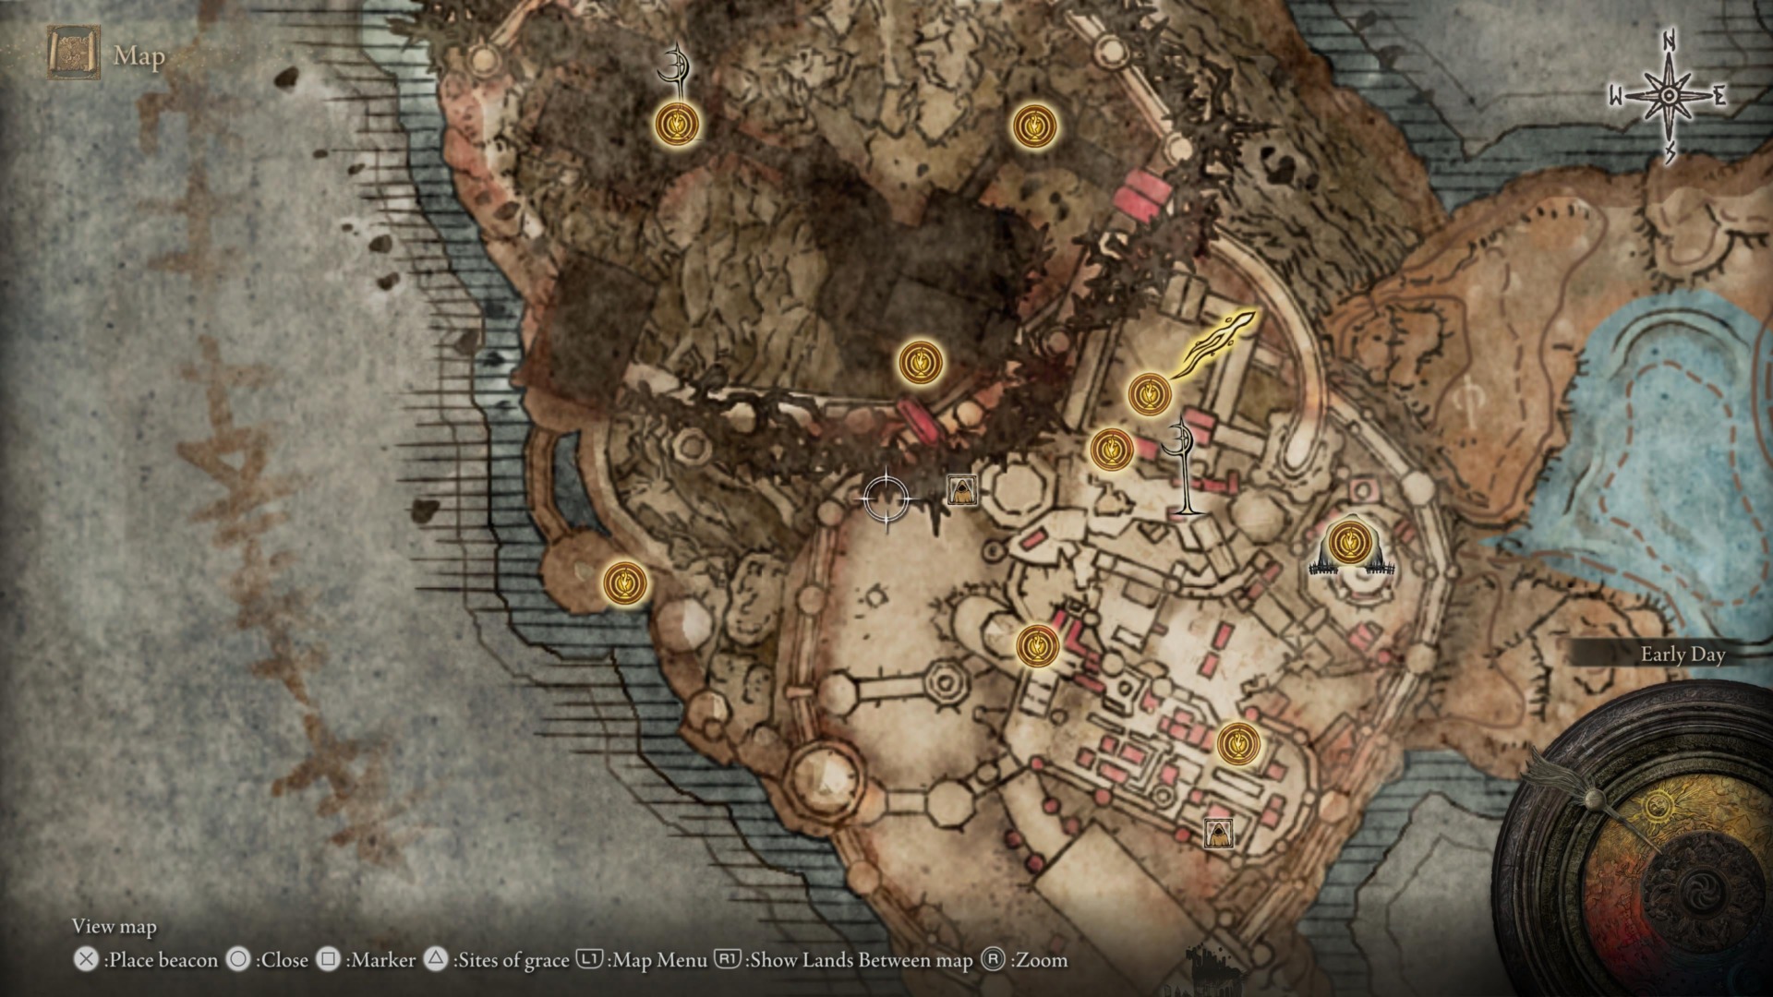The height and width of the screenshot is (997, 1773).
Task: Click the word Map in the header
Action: click(x=139, y=56)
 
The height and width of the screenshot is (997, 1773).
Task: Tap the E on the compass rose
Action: click(x=1719, y=97)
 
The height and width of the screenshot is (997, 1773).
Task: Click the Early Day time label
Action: click(x=1683, y=655)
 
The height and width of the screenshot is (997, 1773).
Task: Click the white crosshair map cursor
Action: click(x=886, y=499)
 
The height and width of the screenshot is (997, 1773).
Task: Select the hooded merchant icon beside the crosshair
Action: click(x=962, y=490)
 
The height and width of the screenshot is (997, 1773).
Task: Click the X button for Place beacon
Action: click(x=86, y=960)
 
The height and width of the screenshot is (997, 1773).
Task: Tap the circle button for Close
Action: click(x=238, y=960)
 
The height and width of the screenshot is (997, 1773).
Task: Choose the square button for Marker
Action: click(x=328, y=960)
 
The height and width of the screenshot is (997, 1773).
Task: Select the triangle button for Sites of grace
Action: click(x=436, y=960)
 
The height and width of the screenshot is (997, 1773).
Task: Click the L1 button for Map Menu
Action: click(x=589, y=960)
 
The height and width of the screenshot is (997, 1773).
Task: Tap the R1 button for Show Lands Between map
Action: click(x=728, y=960)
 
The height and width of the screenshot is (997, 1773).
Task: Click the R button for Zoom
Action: click(x=993, y=960)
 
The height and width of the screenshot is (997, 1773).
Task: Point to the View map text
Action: click(x=115, y=926)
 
